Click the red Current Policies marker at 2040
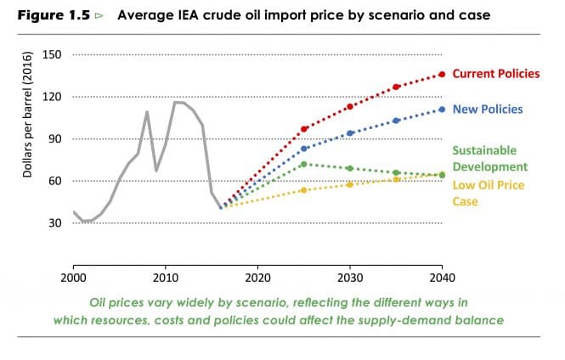click(442, 75)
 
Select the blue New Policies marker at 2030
click(350, 132)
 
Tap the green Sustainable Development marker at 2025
click(304, 164)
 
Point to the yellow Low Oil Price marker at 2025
click(304, 190)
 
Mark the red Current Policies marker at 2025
click(304, 129)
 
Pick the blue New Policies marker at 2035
click(396, 121)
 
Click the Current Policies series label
click(497, 74)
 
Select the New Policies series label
click(488, 110)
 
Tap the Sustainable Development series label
click(489, 158)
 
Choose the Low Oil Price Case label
click(488, 194)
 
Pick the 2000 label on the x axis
click(74, 278)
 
